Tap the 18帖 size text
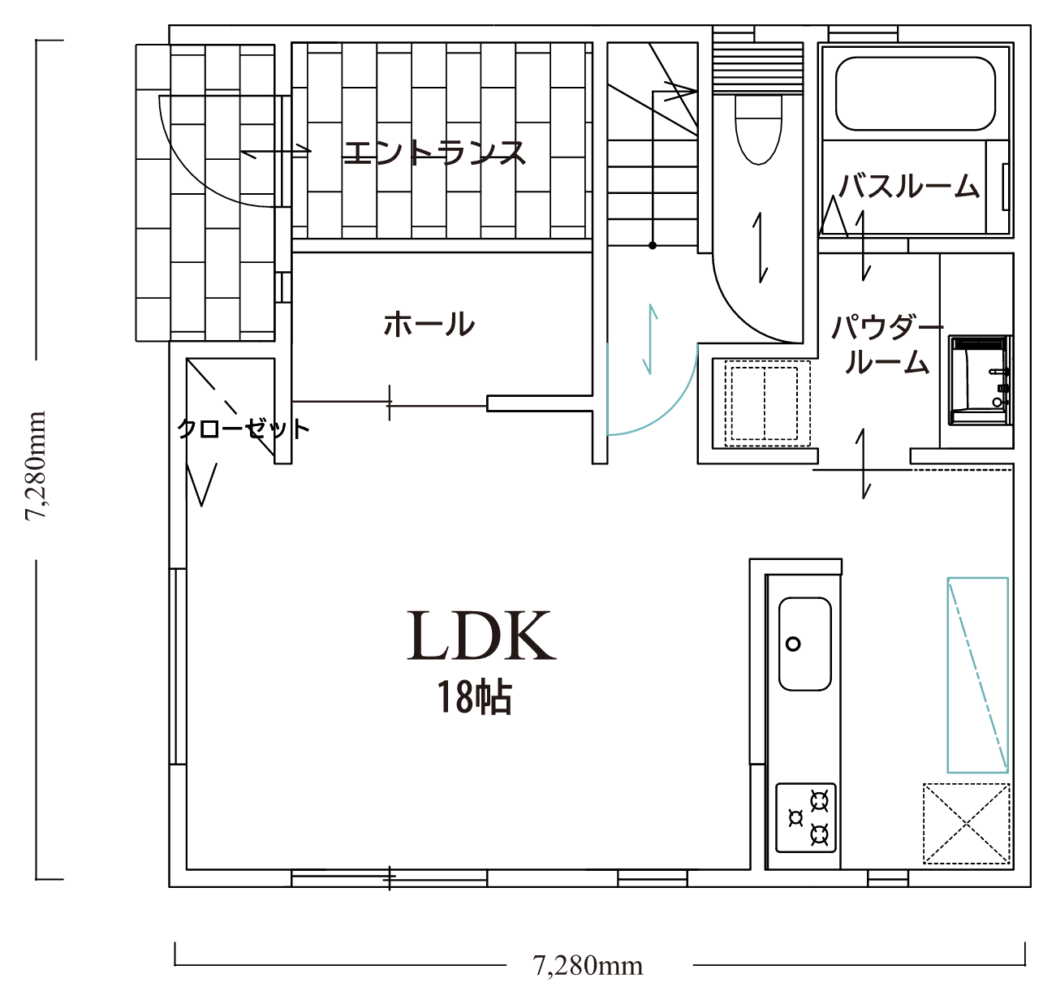pos(474,697)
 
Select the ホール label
pos(429,324)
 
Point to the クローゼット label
pos(244,429)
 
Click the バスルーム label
pos(909,186)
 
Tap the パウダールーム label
pos(887,344)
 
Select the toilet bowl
pos(758,130)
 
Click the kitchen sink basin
pos(804,644)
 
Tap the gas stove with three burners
pos(806,818)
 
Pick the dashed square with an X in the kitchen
pos(966,824)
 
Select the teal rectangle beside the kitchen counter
pos(977,675)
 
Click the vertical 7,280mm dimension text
pos(36,466)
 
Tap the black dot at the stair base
pos(652,245)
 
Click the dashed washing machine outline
pos(767,403)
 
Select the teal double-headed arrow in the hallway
pos(651,339)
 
